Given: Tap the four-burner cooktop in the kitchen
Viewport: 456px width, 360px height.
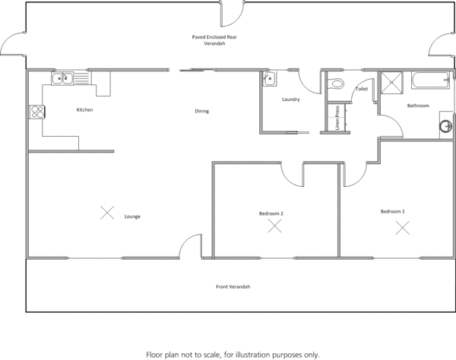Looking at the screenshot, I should coord(36,112).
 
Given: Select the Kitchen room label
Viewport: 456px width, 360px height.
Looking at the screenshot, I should coord(84,110).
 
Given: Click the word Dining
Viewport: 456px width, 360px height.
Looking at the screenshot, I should coord(201,112).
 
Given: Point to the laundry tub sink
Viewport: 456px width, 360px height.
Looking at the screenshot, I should coord(269,80).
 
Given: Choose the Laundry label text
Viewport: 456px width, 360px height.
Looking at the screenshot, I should coord(290,99).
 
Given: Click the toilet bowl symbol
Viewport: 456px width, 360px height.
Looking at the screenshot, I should coord(337,84).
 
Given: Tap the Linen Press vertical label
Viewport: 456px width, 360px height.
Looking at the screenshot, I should coord(337,118).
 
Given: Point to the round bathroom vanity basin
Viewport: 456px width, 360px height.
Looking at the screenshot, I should coord(446,125).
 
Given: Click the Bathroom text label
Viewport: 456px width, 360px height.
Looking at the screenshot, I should coord(418,106).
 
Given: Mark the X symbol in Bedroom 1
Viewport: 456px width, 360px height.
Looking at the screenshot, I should coord(402,226).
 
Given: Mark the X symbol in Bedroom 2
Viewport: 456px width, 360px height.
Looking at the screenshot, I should coord(274,226).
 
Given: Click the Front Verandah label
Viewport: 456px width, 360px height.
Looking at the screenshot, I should coord(233,286).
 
